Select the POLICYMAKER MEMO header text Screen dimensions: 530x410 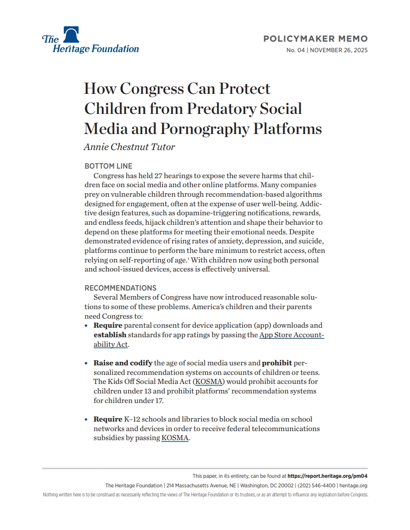(316, 39)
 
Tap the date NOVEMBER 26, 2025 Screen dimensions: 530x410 (339, 50)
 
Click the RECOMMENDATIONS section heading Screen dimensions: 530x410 (120, 288)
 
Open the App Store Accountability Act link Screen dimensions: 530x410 (291, 335)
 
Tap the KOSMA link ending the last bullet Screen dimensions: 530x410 (175, 438)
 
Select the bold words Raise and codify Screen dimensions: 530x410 (123, 363)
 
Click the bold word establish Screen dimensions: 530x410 (110, 335)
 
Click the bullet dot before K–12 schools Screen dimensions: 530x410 (87, 419)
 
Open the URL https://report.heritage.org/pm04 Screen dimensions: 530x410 (328, 476)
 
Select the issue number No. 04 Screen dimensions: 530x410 (295, 50)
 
